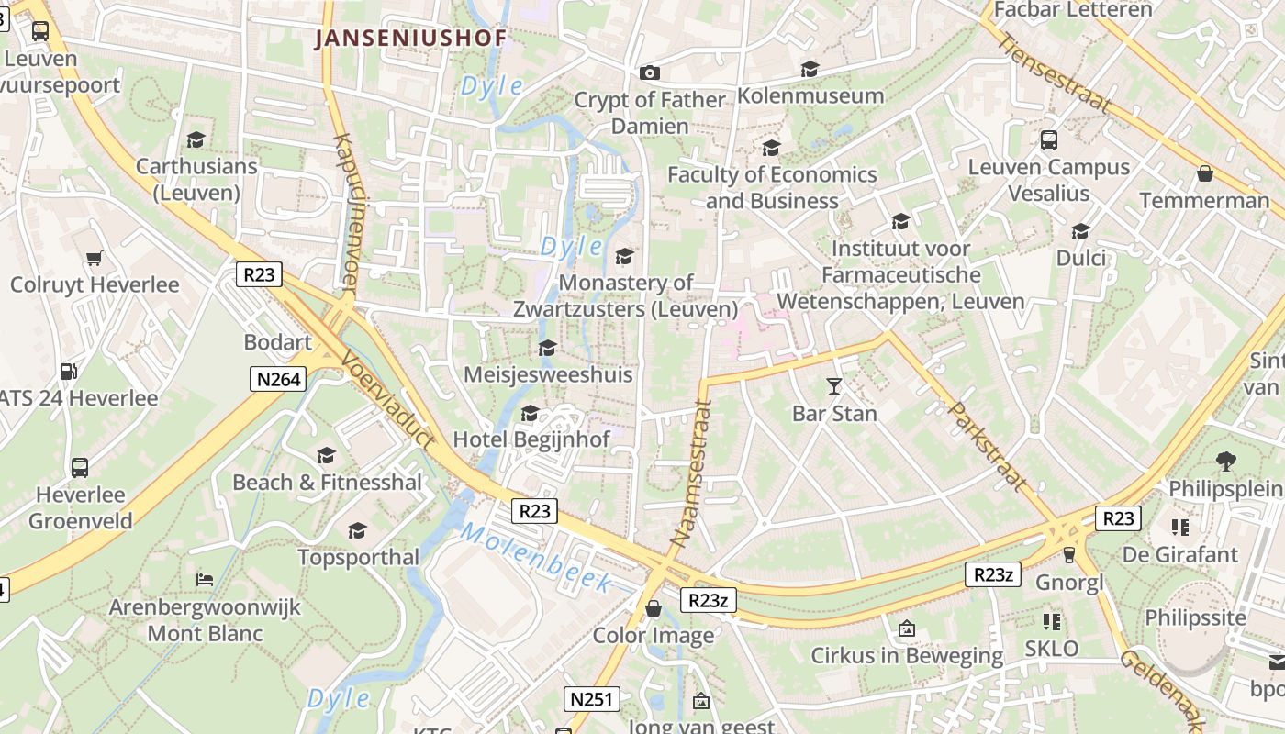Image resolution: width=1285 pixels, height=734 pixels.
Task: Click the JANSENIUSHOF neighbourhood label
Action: tap(410, 39)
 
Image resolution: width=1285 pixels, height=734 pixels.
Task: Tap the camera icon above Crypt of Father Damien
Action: tap(650, 72)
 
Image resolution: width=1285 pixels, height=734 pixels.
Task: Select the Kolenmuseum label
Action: tap(810, 95)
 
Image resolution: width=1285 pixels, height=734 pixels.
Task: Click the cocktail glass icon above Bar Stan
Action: tap(833, 386)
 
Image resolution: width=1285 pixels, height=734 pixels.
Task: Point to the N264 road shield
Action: tap(277, 378)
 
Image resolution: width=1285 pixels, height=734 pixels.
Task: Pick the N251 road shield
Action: tap(593, 699)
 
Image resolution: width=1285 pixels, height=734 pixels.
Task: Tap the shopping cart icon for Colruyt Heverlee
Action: tap(94, 258)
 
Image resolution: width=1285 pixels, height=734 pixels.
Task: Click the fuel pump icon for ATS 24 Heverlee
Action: tap(68, 372)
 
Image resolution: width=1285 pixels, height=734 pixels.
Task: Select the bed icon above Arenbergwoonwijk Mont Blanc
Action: tap(205, 580)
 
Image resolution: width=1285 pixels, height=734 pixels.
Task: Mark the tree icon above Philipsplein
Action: tap(1225, 461)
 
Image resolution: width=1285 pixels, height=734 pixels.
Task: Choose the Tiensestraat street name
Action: tap(1053, 73)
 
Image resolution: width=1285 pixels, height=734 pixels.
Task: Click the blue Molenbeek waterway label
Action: tap(536, 556)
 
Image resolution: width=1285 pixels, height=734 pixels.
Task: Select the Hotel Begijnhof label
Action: tap(531, 439)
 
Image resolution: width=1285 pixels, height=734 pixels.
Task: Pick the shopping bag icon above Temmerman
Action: tap(1205, 173)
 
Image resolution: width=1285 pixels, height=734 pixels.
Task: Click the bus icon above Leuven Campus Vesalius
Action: tap(1048, 140)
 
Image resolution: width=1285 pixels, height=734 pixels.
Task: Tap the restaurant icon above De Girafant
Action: tap(1179, 528)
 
